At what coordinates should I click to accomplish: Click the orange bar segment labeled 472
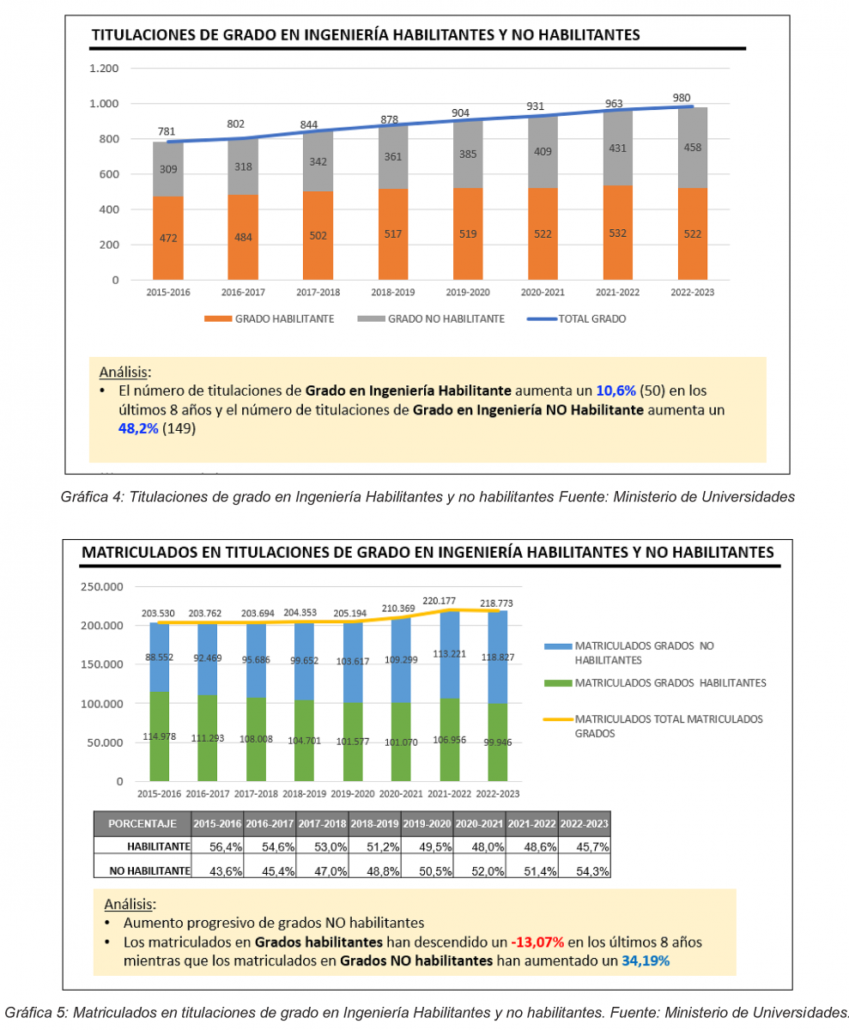pos(168,238)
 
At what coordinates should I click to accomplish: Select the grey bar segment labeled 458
pos(692,148)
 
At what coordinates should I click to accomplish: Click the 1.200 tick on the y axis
pos(104,69)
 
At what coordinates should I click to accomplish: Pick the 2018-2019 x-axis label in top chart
pos(392,293)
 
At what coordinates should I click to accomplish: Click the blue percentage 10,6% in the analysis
pos(616,391)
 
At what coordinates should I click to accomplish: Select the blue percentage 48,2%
pos(138,428)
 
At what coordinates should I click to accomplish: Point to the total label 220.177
pos(444,601)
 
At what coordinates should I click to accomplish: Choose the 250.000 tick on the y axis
pos(102,587)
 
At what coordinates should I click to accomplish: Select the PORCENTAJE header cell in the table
pos(143,823)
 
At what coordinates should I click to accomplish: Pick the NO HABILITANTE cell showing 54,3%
pos(585,870)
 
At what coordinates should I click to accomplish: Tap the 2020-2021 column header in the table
pos(480,823)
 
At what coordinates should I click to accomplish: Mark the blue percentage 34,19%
pos(646,961)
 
